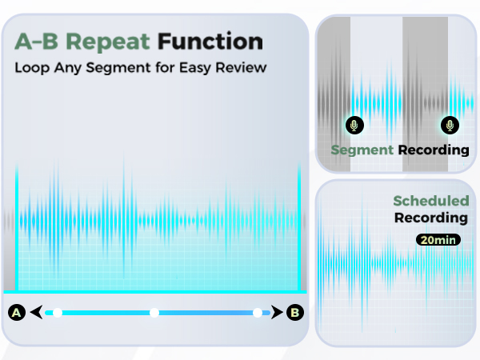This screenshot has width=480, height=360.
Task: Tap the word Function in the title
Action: [x=210, y=40]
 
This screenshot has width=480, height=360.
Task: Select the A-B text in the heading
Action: [x=36, y=40]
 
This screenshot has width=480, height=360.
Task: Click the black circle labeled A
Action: [x=15, y=313]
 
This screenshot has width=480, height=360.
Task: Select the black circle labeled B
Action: [x=295, y=313]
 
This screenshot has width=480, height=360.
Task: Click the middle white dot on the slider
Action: [x=154, y=313]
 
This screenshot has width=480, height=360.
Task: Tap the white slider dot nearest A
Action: [x=57, y=313]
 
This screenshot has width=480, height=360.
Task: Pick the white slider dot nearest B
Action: [x=257, y=313]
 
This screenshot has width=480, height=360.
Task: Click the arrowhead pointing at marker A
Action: [x=35, y=313]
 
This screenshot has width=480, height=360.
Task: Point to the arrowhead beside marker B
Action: [x=276, y=313]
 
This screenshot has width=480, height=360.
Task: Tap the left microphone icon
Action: [x=354, y=125]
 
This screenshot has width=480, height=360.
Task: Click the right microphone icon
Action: [x=450, y=125]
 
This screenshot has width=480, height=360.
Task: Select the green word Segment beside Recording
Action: [x=362, y=150]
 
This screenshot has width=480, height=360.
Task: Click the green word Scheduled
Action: [x=430, y=202]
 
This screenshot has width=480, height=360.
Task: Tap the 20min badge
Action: [x=437, y=239]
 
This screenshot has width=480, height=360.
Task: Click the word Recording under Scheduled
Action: [x=431, y=218]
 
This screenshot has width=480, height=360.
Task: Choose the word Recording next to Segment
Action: [x=434, y=150]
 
